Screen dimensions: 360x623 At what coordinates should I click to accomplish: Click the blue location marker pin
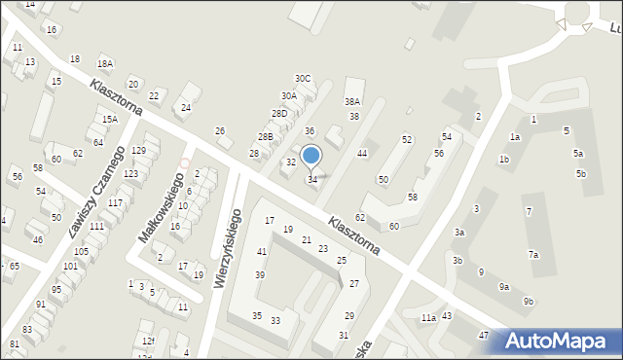tap(311, 156)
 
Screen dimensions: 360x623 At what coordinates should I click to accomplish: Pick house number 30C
tap(303, 78)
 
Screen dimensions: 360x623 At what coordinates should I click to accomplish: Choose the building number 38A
tap(352, 101)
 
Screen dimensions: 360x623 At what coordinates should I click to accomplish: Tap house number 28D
tap(279, 114)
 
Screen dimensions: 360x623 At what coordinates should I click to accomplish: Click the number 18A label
tap(105, 63)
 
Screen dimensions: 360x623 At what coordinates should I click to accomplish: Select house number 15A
tap(110, 119)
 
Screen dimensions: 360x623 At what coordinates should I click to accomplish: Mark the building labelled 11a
tap(428, 317)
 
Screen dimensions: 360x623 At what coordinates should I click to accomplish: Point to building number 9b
tap(528, 302)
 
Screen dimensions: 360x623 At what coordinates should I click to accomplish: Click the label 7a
tap(533, 254)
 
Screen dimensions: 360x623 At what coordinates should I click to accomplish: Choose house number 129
tap(138, 150)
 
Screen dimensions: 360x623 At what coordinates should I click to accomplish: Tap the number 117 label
tap(115, 202)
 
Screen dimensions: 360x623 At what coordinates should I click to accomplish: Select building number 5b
tap(580, 173)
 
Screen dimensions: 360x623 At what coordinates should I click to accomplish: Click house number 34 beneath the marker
tap(312, 180)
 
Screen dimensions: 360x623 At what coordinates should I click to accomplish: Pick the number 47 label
tap(483, 335)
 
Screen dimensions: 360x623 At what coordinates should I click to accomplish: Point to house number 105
tap(82, 251)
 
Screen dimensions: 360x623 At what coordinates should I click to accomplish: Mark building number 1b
tap(504, 159)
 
